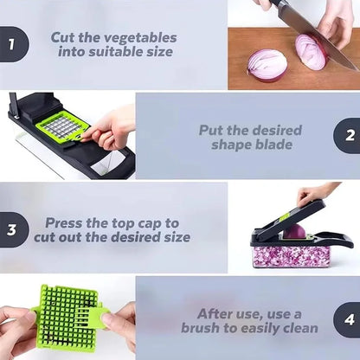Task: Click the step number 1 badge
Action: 12,44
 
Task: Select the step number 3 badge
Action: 11,229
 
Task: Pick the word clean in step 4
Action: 297,328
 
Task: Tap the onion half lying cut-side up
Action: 267,64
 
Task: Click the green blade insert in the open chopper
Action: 61,127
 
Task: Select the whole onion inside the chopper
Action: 294,232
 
